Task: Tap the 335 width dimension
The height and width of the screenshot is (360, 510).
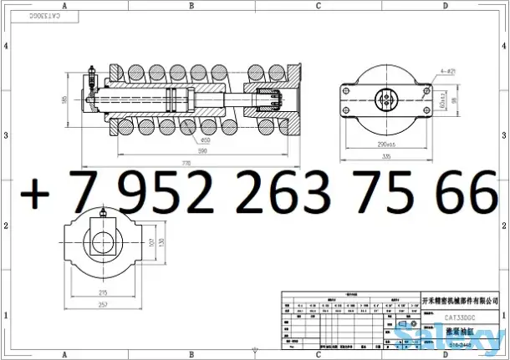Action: point(387,155)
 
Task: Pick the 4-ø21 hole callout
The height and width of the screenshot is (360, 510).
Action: point(446,73)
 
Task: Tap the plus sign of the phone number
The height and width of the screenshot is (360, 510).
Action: point(35,194)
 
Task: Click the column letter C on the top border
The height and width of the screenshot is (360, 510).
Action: point(319,5)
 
